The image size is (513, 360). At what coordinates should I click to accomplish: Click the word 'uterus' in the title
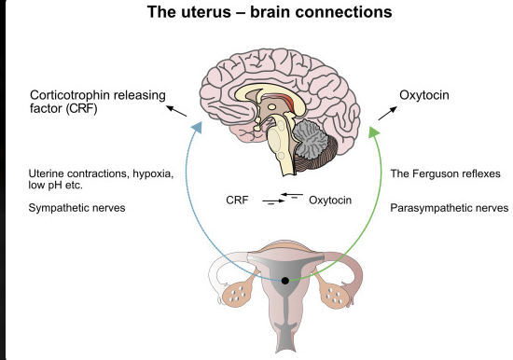click(x=206, y=12)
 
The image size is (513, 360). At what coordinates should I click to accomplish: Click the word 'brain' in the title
click(x=270, y=12)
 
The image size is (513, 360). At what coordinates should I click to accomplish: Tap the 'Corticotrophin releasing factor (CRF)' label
click(x=98, y=102)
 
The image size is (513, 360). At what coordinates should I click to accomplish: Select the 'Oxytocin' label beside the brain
click(x=424, y=95)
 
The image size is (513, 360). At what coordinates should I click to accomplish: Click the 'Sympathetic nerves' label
click(x=76, y=208)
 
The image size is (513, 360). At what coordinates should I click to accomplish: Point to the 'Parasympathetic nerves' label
click(x=450, y=208)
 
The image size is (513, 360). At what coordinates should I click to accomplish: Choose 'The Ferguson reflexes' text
click(x=445, y=173)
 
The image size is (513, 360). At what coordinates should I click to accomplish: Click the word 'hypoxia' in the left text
click(x=153, y=173)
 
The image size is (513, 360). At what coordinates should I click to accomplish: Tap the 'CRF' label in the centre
click(x=237, y=200)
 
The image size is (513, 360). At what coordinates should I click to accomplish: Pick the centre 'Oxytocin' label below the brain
click(x=330, y=200)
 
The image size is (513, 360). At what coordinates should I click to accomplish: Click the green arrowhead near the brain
click(x=373, y=132)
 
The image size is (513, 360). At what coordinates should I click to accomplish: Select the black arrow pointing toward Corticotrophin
click(x=176, y=111)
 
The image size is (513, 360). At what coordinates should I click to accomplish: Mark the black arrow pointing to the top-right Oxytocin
click(x=388, y=113)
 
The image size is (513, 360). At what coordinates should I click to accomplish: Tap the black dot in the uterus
click(x=285, y=281)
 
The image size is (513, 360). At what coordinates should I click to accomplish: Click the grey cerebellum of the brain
click(x=309, y=137)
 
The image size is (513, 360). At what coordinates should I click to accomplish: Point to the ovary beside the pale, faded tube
click(x=238, y=293)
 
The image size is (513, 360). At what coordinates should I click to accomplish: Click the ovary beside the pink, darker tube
click(x=335, y=294)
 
